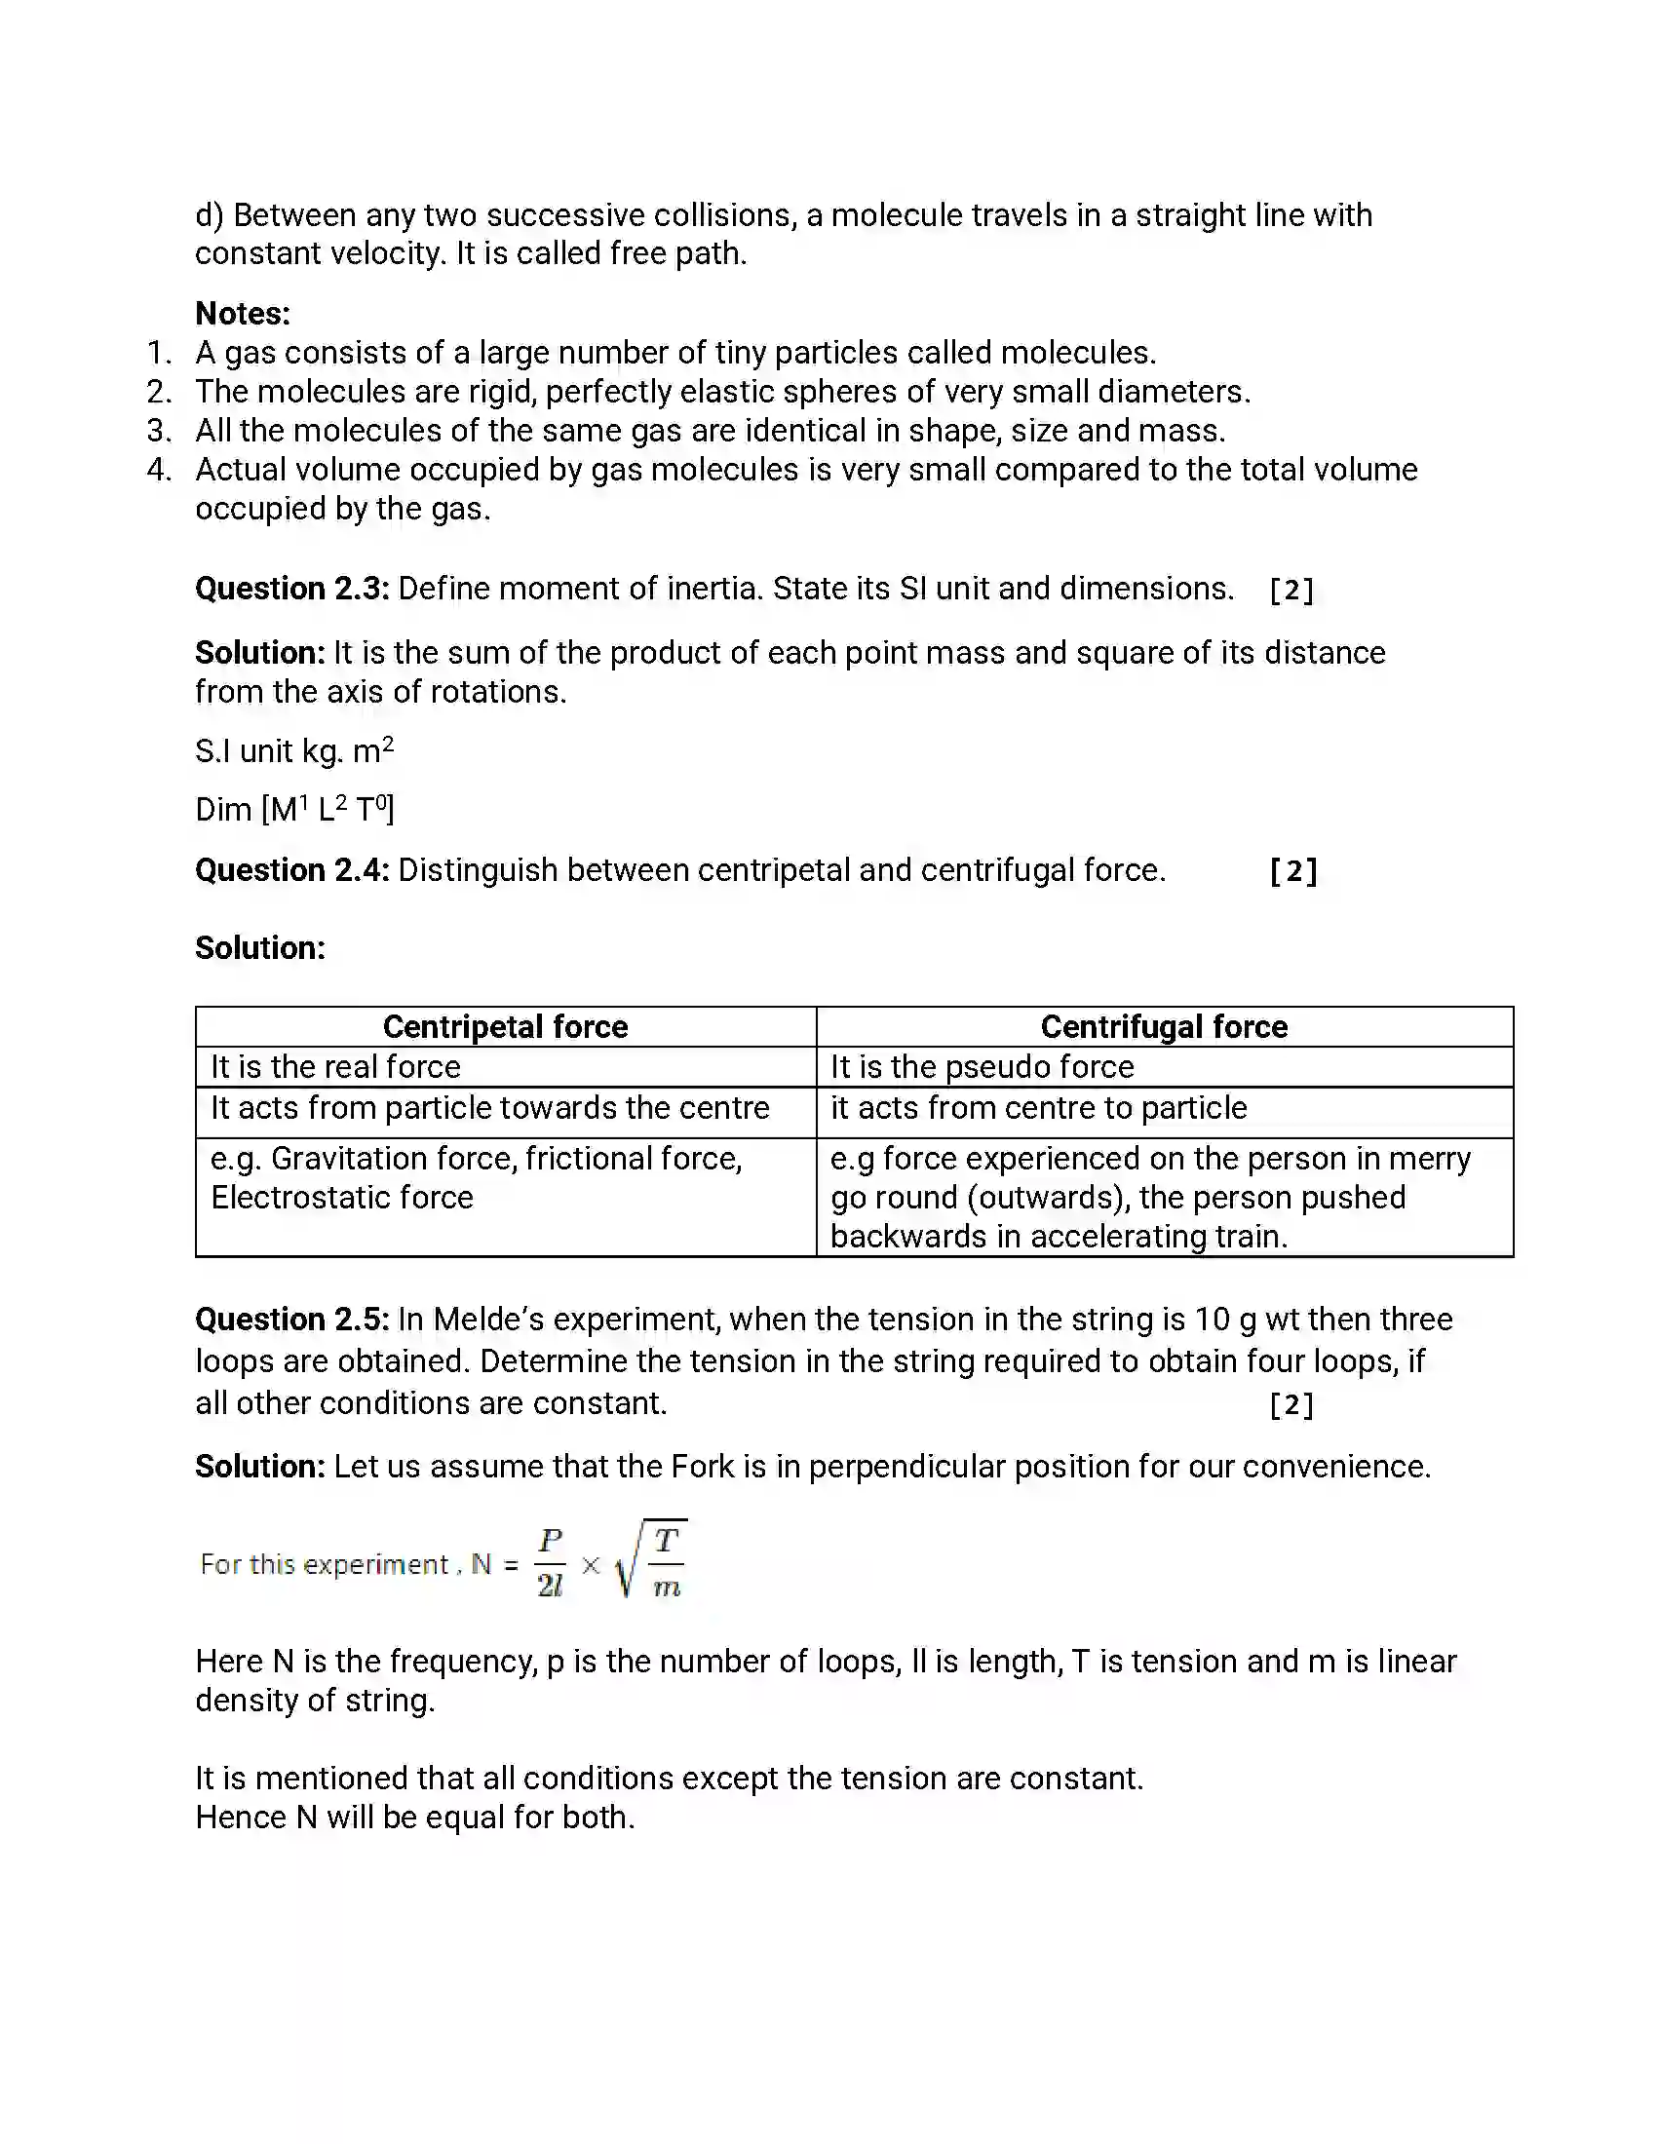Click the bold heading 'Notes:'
coord(243,314)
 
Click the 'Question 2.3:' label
coord(291,589)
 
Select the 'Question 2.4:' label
coord(291,870)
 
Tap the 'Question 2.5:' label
coord(291,1320)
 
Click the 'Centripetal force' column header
coord(505,1027)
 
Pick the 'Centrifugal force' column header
coord(1163,1027)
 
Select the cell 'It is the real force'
coord(334,1067)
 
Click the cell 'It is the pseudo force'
coord(982,1067)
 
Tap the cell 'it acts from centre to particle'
coord(1039,1108)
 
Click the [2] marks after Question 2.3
coord(1291,590)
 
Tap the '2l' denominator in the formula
coord(550,1587)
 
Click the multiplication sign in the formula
coord(590,1566)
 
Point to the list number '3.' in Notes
coord(159,431)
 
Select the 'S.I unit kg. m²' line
coord(293,751)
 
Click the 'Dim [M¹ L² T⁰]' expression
coord(294,810)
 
